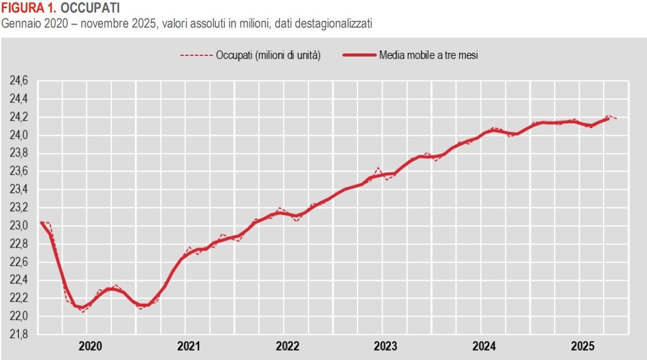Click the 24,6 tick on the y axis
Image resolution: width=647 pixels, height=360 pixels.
(x=18, y=81)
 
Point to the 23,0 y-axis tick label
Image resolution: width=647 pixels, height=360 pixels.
(x=18, y=226)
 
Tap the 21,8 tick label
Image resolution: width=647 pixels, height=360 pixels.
(x=18, y=334)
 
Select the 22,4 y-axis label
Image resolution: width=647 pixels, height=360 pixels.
(x=18, y=280)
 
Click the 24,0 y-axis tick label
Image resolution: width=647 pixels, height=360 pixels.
(x=18, y=135)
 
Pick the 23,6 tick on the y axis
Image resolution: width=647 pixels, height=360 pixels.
(x=18, y=172)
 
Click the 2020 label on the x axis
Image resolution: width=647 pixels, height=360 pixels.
(x=90, y=346)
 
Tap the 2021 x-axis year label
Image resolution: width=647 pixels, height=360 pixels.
(x=188, y=346)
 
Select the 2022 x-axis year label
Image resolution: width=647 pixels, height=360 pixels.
(x=287, y=346)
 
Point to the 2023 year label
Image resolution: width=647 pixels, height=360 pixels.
(x=386, y=346)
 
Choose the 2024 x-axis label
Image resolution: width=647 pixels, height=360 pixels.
(x=484, y=346)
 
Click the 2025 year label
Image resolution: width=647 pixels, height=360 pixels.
(x=582, y=346)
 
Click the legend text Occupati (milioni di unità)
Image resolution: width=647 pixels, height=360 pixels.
(x=268, y=55)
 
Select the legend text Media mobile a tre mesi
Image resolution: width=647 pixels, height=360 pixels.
(x=428, y=55)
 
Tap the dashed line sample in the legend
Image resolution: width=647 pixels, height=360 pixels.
(x=196, y=55)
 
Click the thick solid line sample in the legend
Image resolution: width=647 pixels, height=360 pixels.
(x=359, y=55)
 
